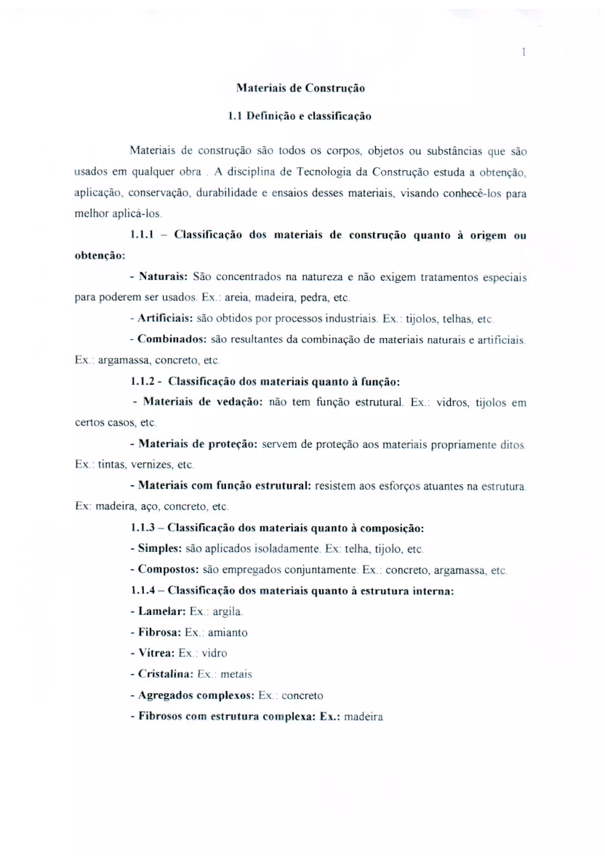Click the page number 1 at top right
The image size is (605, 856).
click(524, 52)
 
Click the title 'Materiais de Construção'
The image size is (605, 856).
click(300, 88)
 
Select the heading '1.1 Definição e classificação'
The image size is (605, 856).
click(300, 116)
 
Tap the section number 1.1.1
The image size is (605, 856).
click(142, 235)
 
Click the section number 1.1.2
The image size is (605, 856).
click(142, 381)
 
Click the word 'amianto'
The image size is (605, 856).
click(227, 633)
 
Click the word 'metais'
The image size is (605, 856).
click(236, 674)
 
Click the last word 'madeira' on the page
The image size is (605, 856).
click(363, 717)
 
